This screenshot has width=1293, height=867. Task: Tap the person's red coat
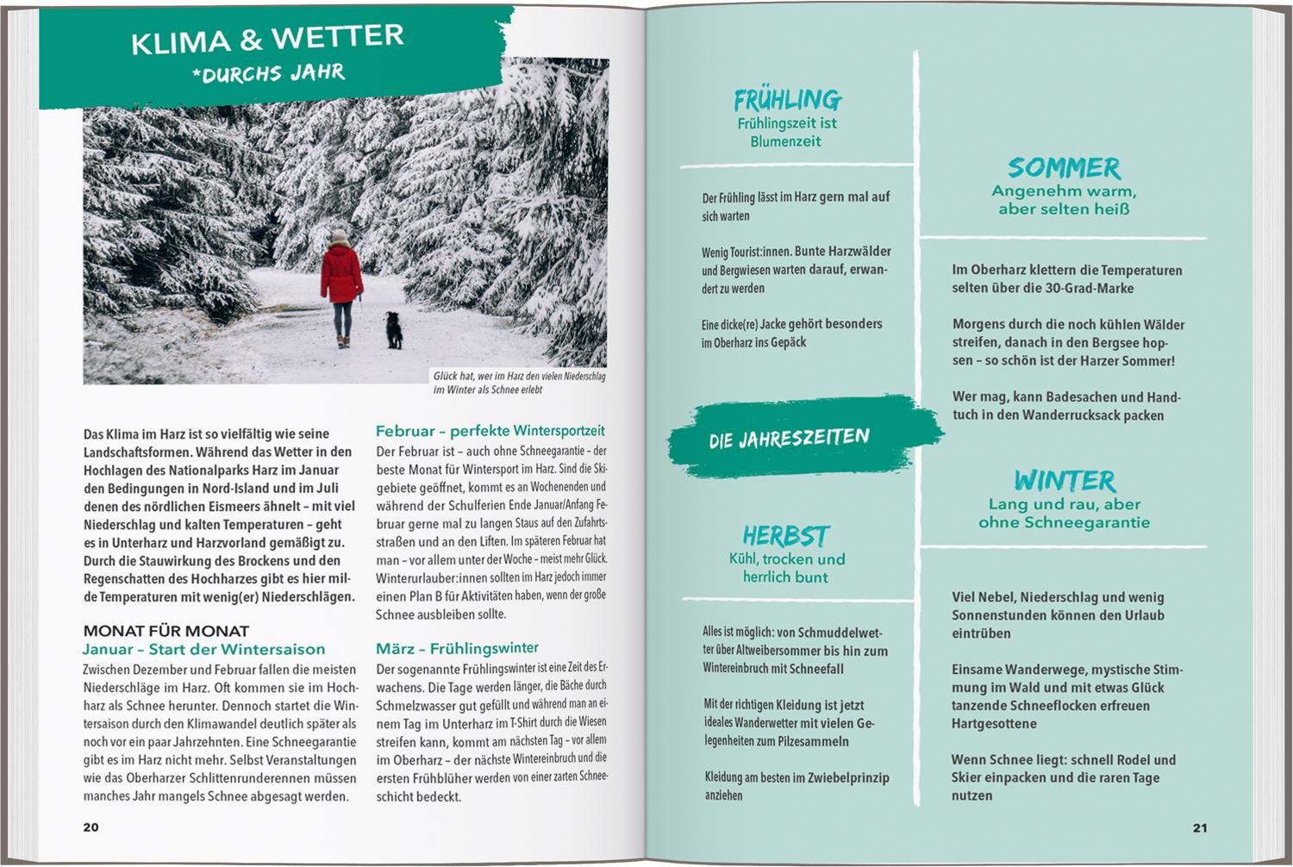click(341, 274)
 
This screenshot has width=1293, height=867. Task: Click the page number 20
click(91, 827)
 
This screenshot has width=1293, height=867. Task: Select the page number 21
click(1200, 828)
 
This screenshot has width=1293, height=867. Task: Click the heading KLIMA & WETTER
click(267, 39)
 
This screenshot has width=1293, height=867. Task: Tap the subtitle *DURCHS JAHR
click(269, 72)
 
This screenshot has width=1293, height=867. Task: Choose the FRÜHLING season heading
click(787, 100)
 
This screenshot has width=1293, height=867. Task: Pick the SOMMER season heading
click(1064, 167)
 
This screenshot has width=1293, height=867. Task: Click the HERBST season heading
click(785, 536)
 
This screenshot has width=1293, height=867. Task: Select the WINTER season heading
click(1065, 480)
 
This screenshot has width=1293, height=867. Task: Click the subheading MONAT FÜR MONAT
click(166, 631)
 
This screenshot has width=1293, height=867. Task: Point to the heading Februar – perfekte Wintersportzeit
click(490, 430)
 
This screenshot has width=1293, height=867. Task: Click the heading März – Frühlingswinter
click(457, 648)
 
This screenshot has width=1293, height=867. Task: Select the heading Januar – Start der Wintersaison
click(203, 649)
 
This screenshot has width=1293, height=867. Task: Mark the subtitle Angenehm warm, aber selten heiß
click(1064, 200)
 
